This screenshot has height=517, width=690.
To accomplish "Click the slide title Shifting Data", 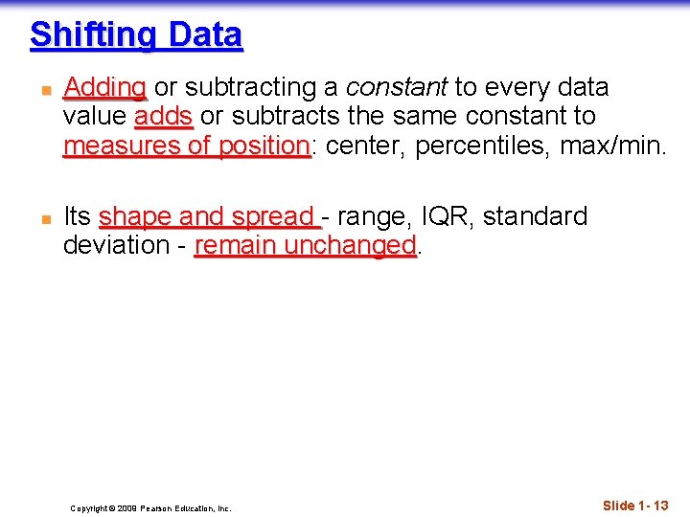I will [x=136, y=35].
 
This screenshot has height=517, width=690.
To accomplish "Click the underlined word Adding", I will [x=104, y=88].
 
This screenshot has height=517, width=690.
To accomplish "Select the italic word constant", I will [x=396, y=88].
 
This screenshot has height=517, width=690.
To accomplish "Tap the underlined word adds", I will [x=164, y=117].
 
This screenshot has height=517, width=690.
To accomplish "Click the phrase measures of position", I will [x=186, y=146].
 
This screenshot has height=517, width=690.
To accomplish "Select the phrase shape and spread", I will [x=209, y=217].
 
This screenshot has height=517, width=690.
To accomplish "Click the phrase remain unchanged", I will [x=306, y=246].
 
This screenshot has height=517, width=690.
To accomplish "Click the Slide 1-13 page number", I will [x=635, y=505].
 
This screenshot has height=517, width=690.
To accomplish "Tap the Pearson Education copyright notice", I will [x=150, y=508].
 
